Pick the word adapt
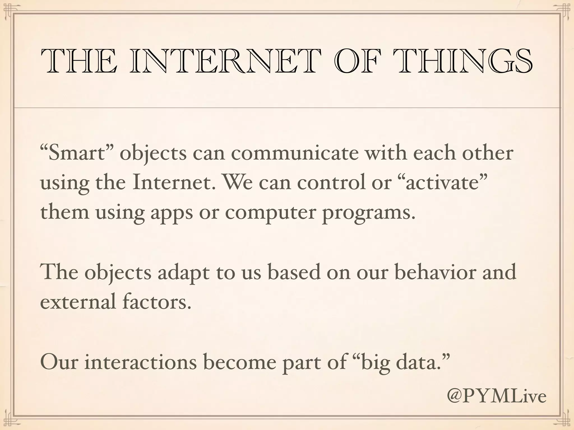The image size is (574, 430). pos(183,272)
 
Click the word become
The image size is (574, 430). pos(239,362)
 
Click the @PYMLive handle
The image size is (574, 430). pos(496,396)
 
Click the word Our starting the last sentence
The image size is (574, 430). pos(59,362)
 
